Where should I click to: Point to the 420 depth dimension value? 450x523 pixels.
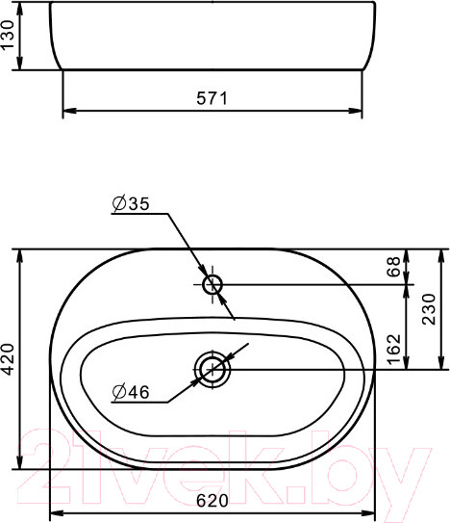click(x=9, y=358)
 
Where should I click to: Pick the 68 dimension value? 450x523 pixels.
click(x=392, y=267)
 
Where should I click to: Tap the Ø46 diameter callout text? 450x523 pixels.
click(x=130, y=391)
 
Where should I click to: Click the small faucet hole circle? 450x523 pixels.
click(x=213, y=284)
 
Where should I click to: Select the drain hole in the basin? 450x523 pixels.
click(x=213, y=369)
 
